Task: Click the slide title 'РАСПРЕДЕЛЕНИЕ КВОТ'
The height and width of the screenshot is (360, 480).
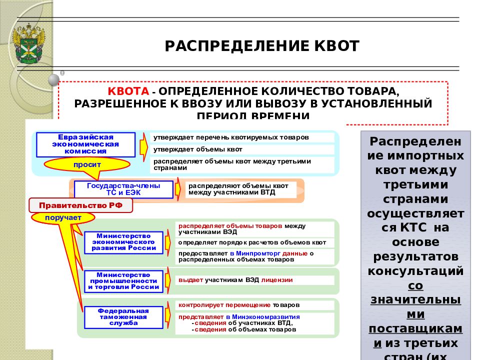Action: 262,46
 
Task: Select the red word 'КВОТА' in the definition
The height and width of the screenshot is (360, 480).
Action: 128,91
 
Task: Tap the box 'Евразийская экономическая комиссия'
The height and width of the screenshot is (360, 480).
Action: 85,144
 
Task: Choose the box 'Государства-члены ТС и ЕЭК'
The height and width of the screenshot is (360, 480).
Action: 123,189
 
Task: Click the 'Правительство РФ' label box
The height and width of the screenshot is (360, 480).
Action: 80,205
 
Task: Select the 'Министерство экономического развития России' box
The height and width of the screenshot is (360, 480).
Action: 123,242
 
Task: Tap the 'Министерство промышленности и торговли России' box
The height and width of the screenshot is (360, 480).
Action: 123,281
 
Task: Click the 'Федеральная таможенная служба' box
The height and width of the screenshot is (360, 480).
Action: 123,316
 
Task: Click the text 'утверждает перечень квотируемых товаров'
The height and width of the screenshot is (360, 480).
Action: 231,137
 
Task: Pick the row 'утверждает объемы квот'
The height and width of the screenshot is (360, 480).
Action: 198,149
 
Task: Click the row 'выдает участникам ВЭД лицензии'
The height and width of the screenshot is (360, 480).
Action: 235,280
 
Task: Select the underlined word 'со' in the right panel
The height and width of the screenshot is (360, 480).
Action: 415,285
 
